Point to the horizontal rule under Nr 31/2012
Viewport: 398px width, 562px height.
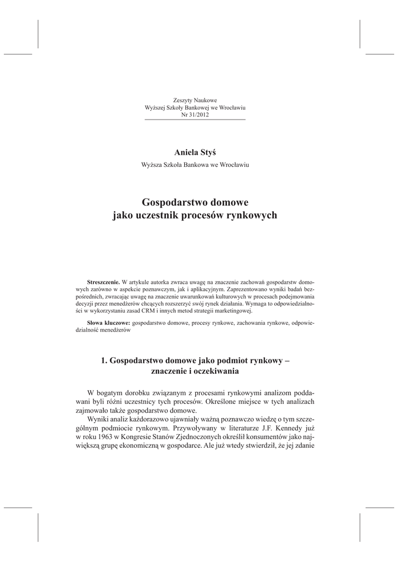click(x=195, y=120)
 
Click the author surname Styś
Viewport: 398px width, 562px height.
click(x=212, y=151)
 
